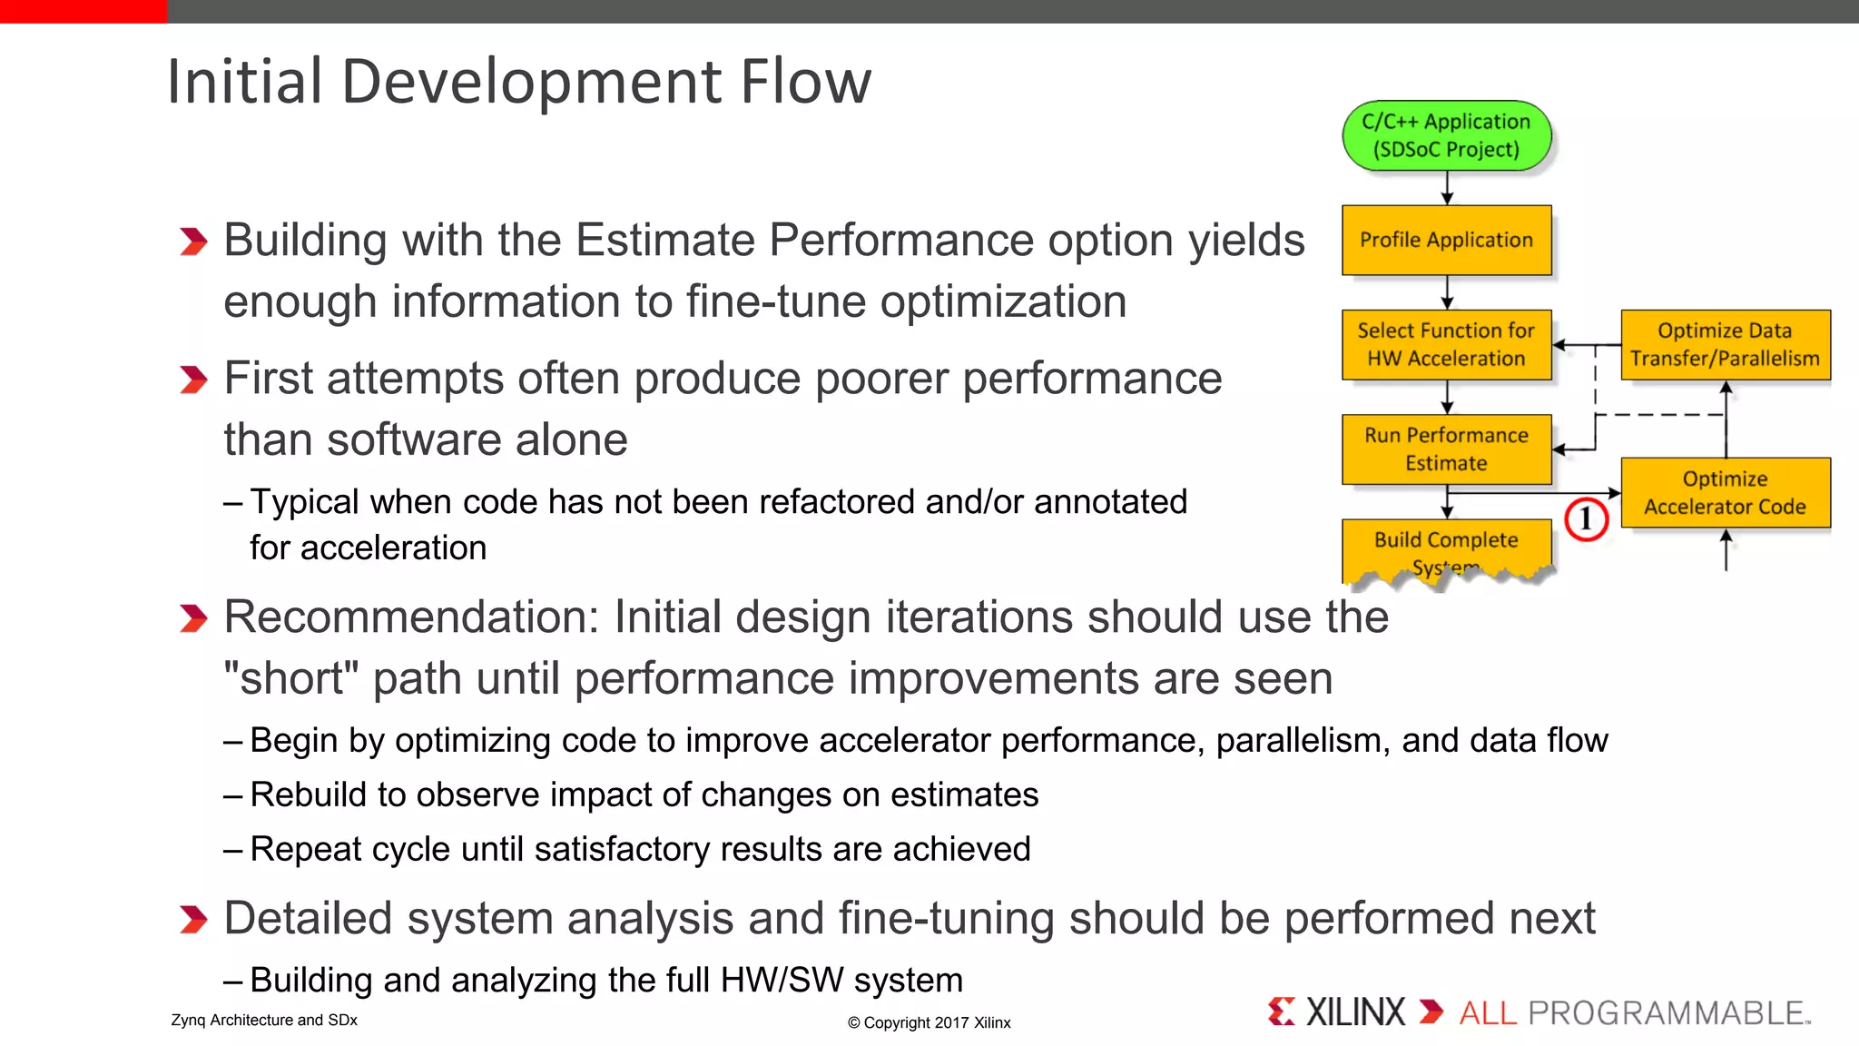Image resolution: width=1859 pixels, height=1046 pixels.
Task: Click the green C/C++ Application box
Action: coord(1446,136)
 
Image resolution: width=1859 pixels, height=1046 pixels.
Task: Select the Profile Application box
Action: coord(1446,240)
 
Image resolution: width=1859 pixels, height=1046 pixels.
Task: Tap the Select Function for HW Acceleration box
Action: coord(1446,344)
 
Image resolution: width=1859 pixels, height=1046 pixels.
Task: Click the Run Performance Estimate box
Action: coord(1446,449)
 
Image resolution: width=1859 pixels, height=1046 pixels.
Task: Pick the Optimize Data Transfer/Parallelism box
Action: coord(1725,344)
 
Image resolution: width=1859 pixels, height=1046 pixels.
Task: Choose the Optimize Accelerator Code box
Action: coord(1725,492)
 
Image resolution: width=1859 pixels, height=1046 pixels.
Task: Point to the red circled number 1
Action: coord(1586,519)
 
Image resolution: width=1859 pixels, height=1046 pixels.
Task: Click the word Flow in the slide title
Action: coord(805,82)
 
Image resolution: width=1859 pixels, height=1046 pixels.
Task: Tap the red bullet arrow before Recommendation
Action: coord(193,618)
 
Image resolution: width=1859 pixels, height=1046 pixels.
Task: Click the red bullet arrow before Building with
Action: coord(193,242)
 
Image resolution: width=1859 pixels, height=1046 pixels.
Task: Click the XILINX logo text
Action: coord(1354,1011)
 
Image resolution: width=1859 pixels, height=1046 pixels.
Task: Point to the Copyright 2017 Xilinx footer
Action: coord(929,1022)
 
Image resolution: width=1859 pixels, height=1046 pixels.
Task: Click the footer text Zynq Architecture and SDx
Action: coord(264,1020)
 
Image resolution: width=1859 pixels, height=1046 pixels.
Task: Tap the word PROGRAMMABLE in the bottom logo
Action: coord(1667,1012)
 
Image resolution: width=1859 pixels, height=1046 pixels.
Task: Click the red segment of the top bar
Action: coord(83,11)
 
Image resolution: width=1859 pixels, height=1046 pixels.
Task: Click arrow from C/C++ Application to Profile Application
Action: coord(1447,188)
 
